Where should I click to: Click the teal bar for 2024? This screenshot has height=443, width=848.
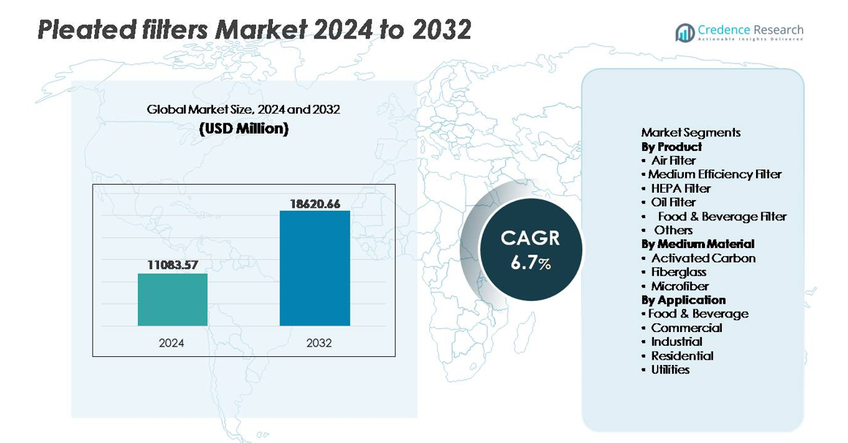[172, 299]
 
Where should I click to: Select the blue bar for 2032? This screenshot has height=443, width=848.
[315, 268]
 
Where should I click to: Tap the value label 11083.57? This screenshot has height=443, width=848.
[172, 266]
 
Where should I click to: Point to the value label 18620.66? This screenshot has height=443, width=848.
[315, 204]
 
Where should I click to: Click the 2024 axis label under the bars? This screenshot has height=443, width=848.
[172, 342]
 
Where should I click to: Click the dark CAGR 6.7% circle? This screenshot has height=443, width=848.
[531, 250]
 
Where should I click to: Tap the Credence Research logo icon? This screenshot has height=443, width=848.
[685, 33]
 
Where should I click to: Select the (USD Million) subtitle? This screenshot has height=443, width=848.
[244, 129]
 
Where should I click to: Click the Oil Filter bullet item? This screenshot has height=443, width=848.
[673, 202]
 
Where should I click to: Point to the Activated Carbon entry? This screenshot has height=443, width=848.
[703, 258]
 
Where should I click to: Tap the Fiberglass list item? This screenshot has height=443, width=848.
[679, 272]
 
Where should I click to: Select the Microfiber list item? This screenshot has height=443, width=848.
[679, 286]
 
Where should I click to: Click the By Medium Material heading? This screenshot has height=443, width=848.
[698, 244]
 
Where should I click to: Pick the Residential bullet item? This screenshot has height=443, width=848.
[682, 355]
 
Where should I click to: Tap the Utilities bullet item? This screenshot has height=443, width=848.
[670, 369]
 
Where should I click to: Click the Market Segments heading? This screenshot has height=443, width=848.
[690, 132]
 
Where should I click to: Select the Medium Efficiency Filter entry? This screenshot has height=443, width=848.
[715, 174]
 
